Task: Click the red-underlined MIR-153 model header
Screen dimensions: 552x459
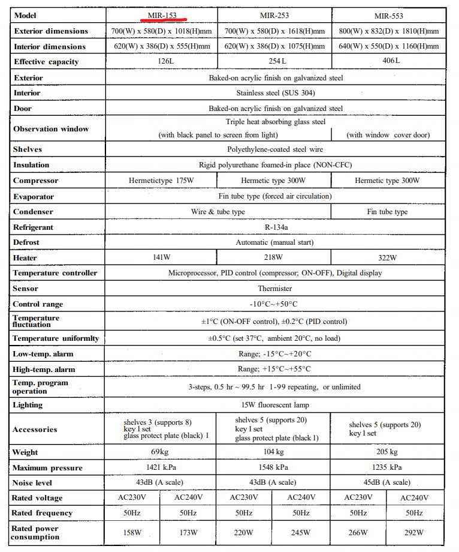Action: click(161, 16)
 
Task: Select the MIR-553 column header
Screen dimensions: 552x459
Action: click(387, 16)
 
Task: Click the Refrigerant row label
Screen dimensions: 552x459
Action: click(33, 227)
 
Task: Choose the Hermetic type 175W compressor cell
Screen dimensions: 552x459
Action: click(161, 181)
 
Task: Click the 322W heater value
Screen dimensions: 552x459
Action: click(387, 258)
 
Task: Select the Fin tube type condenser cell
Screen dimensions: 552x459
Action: click(387, 212)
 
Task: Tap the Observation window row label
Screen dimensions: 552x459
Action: click(51, 129)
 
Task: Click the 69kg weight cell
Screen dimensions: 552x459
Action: click(161, 452)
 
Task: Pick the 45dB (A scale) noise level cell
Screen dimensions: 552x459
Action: click(387, 483)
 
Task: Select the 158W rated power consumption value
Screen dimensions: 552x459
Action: click(133, 532)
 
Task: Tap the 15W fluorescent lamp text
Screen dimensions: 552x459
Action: click(276, 405)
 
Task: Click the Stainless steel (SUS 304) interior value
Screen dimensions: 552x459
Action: click(276, 93)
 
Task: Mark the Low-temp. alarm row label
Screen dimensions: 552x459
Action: click(43, 354)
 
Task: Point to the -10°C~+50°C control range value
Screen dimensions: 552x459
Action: click(276, 304)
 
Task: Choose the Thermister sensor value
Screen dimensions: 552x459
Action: click(276, 289)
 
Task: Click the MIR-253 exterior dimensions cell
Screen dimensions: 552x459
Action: click(274, 31)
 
